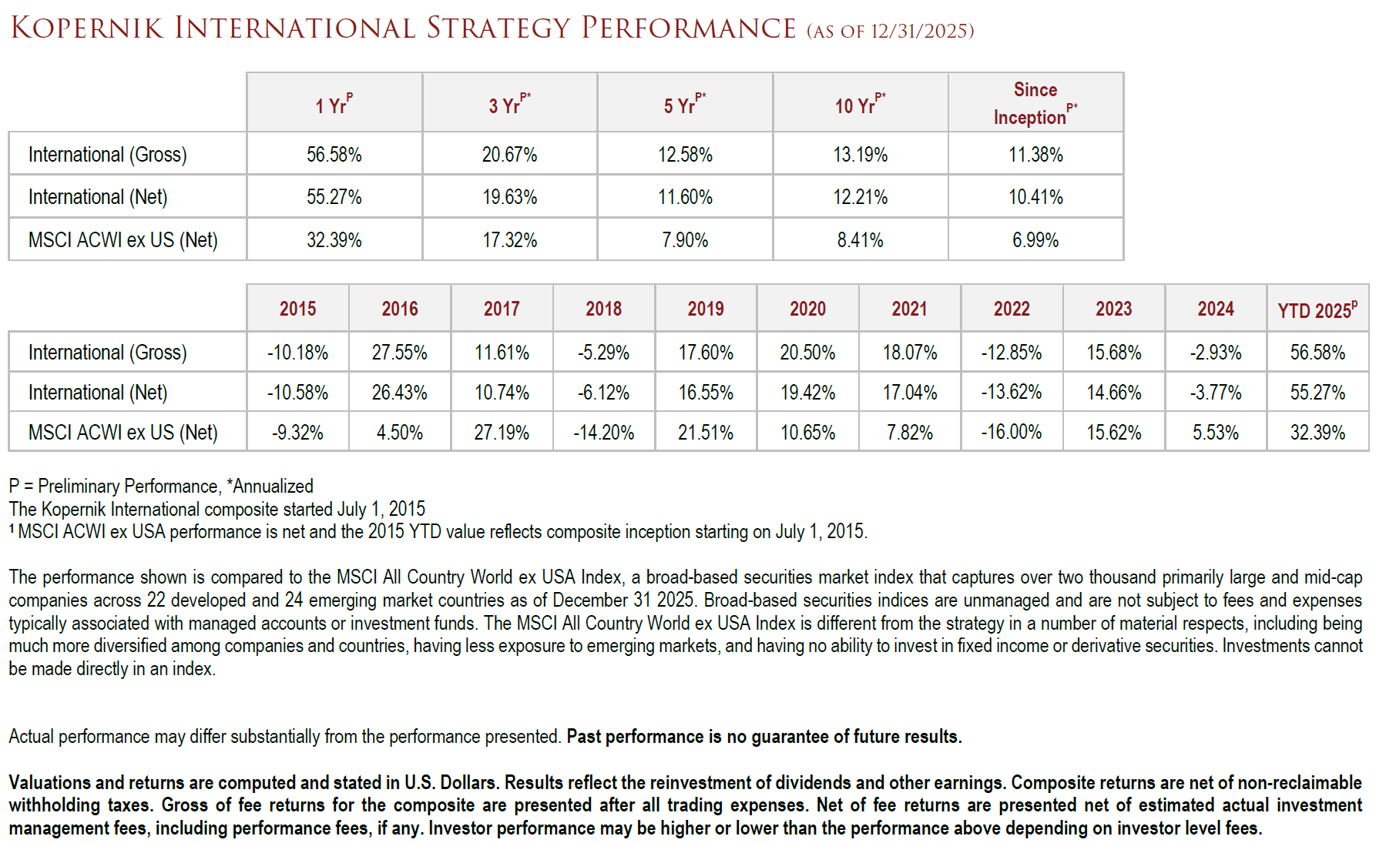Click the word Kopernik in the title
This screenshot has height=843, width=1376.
click(87, 28)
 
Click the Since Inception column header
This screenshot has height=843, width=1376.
click(1035, 103)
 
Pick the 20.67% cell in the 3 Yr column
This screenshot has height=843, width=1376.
click(509, 155)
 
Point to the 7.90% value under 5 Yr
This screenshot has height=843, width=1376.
click(684, 240)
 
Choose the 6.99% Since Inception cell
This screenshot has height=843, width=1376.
click(1035, 240)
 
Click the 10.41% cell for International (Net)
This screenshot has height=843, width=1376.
click(1035, 197)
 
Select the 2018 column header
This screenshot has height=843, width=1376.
click(603, 309)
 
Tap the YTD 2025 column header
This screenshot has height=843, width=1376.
click(1317, 310)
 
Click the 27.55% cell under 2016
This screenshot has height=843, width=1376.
click(399, 353)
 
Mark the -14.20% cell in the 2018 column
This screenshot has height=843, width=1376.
click(603, 433)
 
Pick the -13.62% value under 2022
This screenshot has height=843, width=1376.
click(1011, 393)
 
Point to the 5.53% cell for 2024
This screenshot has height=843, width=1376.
click(1215, 433)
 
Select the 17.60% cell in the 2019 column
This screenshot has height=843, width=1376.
click(705, 353)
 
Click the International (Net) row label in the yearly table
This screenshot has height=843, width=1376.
click(98, 393)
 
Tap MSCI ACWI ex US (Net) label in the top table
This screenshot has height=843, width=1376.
click(122, 240)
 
